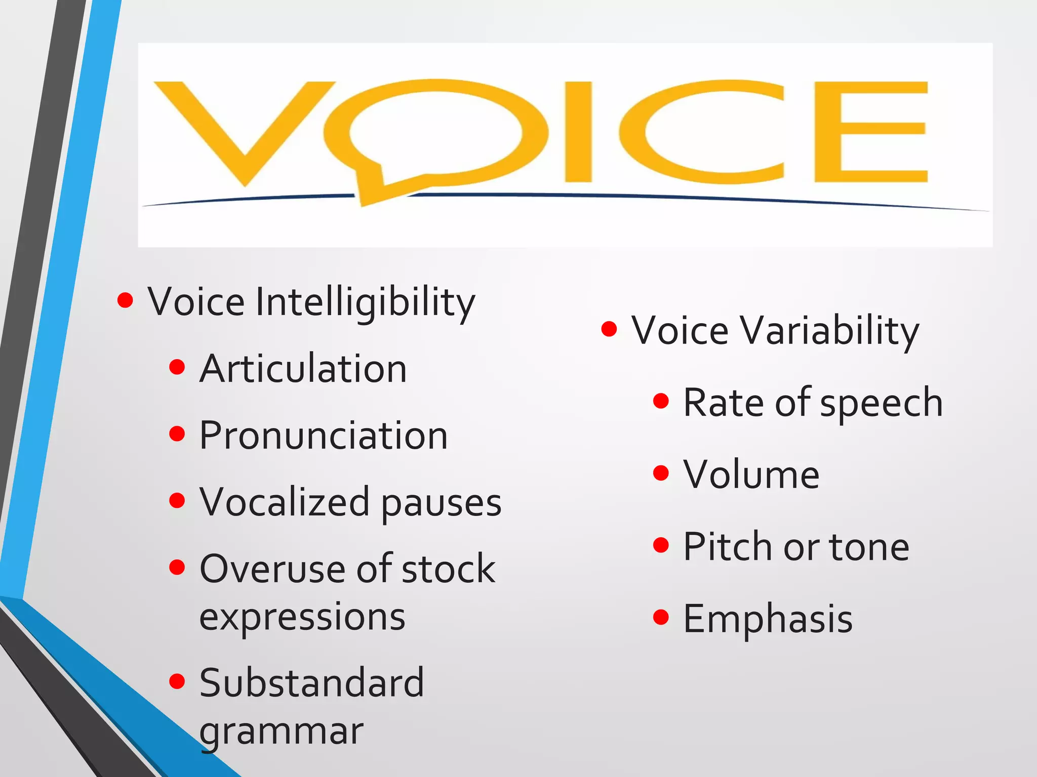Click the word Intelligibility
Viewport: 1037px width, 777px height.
365,302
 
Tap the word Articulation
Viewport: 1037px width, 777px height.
303,369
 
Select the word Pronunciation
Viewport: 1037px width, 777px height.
324,436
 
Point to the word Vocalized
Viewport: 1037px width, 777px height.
285,502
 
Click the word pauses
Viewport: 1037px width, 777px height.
441,504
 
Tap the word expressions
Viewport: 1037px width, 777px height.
302,617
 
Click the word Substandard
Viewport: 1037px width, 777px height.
311,683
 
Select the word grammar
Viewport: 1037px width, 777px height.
282,732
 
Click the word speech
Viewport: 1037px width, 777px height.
881,404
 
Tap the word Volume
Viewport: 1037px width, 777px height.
751,474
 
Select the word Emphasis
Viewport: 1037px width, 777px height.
768,619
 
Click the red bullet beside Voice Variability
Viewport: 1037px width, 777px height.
609,329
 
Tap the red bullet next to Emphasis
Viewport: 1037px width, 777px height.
661,617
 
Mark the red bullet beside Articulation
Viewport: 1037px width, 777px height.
177,367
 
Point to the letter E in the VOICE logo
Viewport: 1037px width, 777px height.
871,132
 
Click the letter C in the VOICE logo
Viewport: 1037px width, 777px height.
699,132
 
